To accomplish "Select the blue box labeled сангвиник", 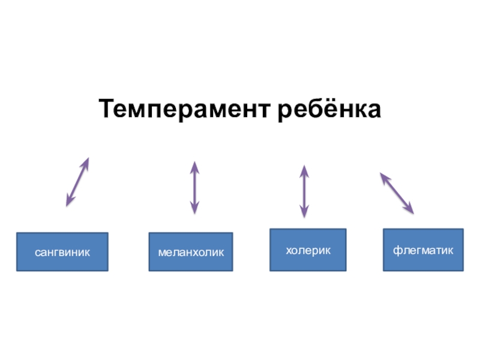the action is (x=62, y=251).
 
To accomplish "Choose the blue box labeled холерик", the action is (x=308, y=249).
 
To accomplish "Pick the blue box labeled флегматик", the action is (x=423, y=249).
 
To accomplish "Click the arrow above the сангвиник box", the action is (x=77, y=182).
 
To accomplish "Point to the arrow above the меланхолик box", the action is (x=194, y=187).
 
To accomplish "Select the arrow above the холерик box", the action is (x=304, y=191).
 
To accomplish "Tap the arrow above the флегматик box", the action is (x=397, y=193).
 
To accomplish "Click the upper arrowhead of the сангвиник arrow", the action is (x=86, y=162).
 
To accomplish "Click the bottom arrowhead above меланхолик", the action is (x=194, y=209).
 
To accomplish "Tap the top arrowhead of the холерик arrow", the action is (x=304, y=170).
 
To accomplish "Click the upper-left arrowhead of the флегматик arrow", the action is (x=383, y=176).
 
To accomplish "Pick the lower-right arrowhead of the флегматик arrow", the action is (x=410, y=210).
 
